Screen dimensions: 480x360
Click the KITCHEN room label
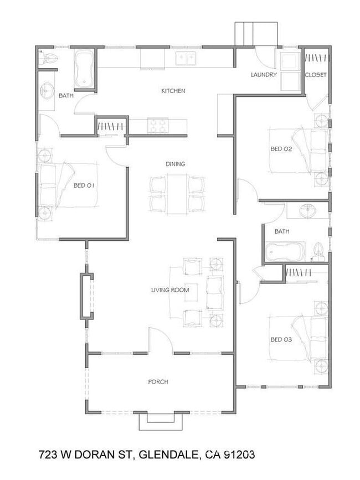(x=173, y=91)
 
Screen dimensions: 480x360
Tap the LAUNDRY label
(x=264, y=75)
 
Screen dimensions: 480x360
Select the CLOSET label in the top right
(x=316, y=75)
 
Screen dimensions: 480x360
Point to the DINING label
(x=175, y=164)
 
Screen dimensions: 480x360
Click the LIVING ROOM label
(x=170, y=290)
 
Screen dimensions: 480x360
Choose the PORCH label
(x=158, y=382)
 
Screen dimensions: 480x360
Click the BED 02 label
(x=281, y=149)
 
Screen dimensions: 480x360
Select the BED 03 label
(x=281, y=339)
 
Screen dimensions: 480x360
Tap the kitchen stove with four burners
(x=157, y=126)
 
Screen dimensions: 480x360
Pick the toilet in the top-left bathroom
(x=48, y=59)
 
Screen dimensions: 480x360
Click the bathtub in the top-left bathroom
(x=84, y=69)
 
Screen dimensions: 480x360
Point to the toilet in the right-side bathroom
(x=318, y=252)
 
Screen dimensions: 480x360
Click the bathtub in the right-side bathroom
(x=284, y=252)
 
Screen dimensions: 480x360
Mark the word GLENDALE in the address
(x=166, y=455)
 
